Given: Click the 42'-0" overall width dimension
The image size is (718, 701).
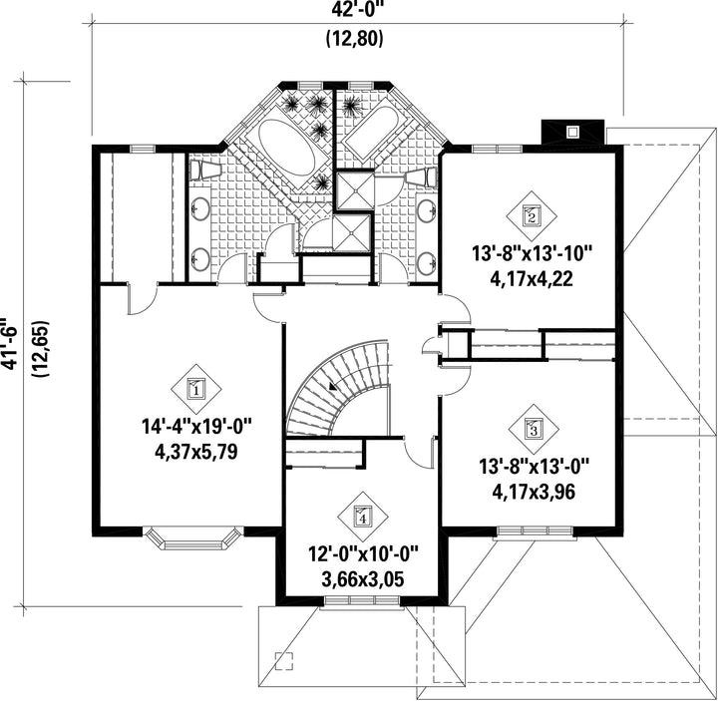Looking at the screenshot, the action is pos(354,9).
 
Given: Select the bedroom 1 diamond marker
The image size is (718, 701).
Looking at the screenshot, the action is pos(196,389).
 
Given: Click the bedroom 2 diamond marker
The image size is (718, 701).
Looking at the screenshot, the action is pos(532,216).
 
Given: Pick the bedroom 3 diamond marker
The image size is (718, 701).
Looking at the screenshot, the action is pos(534,429).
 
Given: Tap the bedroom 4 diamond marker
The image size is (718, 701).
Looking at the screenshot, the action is pos(363,517).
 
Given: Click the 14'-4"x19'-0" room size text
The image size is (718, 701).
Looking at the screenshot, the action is pos(196,427).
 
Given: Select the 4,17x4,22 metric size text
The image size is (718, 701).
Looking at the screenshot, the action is pos(532,279).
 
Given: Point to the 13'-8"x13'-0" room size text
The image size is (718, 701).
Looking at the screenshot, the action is pos(534,468).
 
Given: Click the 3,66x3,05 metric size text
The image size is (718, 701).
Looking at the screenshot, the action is pos(363,580).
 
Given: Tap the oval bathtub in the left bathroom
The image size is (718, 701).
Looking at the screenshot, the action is pos(286,148).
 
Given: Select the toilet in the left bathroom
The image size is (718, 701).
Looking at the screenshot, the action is pos(204,170).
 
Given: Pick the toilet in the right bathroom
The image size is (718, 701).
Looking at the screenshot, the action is pos(421,177).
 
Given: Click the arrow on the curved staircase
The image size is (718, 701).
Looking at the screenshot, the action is pos(333,387).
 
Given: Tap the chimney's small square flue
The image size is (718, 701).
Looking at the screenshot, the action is pos(572,133).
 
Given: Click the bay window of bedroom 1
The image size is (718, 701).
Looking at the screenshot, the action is pos(192,538).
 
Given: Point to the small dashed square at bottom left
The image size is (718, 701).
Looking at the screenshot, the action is pos(283,661).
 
